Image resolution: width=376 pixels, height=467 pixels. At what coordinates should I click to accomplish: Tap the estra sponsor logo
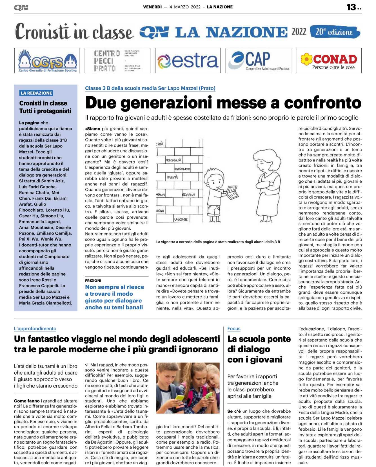coord(188,60)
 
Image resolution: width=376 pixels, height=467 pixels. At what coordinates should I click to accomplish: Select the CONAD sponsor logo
coord(329,60)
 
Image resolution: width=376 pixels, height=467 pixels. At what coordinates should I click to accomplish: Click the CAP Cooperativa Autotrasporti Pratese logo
coord(258,60)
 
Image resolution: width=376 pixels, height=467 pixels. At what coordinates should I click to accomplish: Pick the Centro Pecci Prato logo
coord(117,60)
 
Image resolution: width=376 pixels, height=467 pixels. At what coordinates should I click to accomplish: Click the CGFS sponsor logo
coord(47,60)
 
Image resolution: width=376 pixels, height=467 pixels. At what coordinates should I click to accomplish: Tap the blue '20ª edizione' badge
coord(335,32)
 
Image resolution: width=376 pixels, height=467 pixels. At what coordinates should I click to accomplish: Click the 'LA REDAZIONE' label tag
coord(36,93)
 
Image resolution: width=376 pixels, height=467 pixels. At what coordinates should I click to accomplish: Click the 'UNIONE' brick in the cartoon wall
coord(181,219)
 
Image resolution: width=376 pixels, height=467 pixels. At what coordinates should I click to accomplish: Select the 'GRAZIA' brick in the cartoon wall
coord(188,194)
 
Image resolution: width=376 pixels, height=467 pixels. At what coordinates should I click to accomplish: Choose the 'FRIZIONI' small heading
coord(93,280)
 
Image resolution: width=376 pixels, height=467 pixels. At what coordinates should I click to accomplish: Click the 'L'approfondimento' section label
coord(35,328)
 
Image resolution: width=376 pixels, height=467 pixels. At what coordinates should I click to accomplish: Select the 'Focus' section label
coord(234,328)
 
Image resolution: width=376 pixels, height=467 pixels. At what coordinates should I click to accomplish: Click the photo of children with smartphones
coord(188,388)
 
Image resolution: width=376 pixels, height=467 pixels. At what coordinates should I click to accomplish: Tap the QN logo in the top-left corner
coord(21,8)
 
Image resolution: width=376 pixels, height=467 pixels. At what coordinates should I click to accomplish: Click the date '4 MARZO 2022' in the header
coord(185,7)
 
